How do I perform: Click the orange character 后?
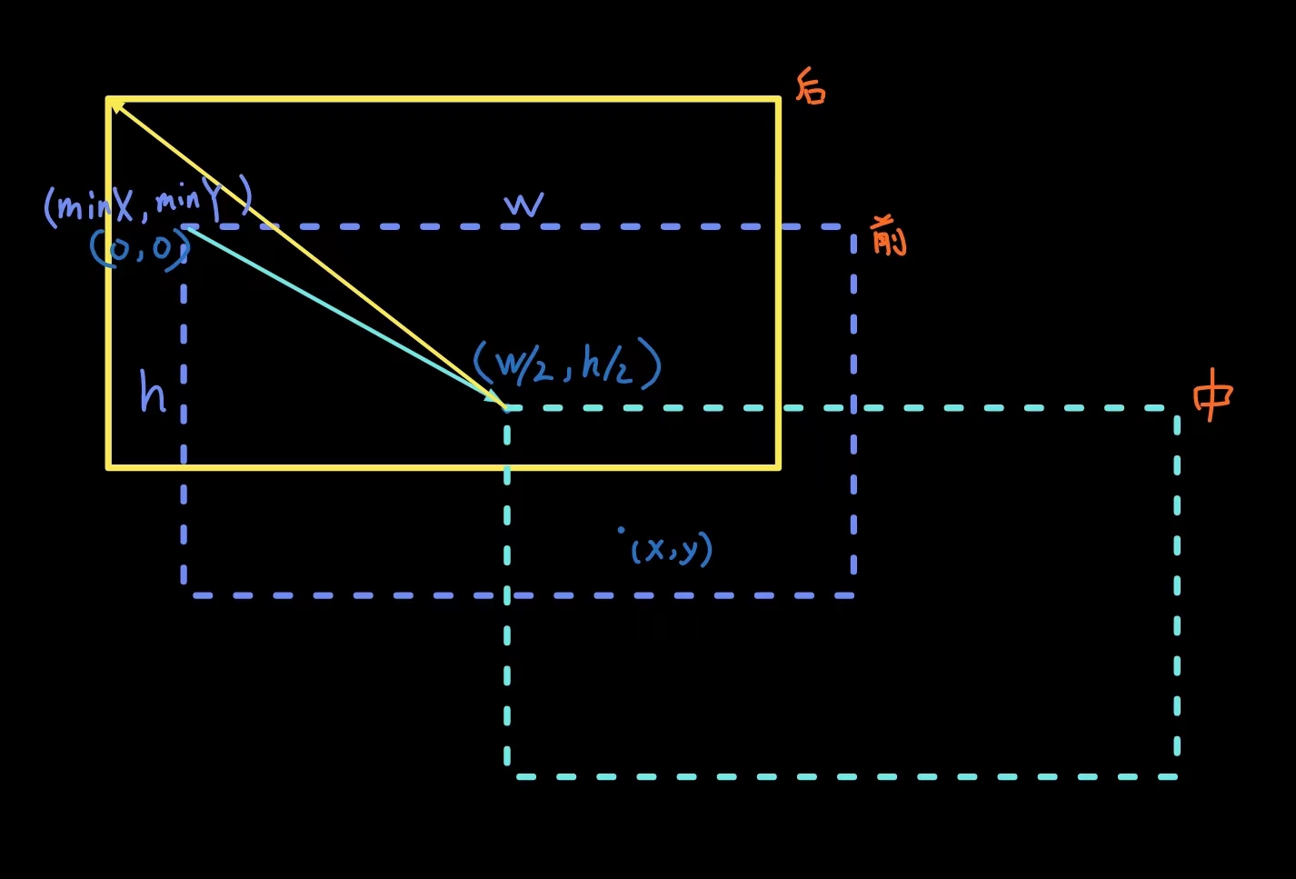811,86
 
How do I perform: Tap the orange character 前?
889,235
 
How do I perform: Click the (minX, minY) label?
147,202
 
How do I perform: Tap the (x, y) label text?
672,549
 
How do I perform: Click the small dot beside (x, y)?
622,529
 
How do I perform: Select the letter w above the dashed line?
524,205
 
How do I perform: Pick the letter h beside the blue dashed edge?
153,392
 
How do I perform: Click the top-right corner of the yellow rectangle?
778,99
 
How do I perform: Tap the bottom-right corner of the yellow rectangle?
778,467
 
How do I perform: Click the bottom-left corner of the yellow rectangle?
109,467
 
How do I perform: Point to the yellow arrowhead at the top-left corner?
115,105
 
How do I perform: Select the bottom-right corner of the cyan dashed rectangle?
1177,776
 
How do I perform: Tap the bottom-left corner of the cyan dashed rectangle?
507,776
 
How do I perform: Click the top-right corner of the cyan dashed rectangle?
1177,408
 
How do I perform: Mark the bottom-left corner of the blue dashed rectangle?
184,595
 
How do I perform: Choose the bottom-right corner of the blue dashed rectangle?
853,595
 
